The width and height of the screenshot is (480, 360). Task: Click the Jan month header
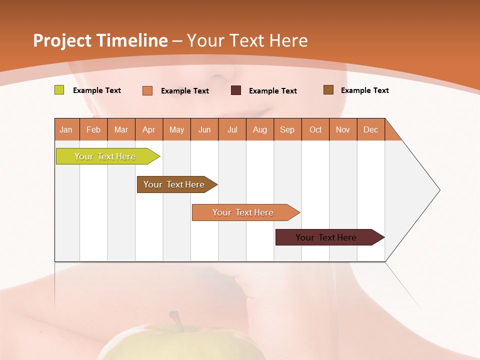tap(66, 129)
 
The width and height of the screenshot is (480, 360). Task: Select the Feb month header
tap(93, 129)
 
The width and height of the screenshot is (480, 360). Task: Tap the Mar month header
tap(121, 129)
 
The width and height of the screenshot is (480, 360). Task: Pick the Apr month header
tap(149, 129)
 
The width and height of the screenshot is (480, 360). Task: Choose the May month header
tap(176, 129)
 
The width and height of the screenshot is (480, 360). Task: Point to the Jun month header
tap(204, 129)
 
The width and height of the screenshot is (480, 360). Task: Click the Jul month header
tap(232, 129)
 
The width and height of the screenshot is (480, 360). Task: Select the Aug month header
tap(260, 129)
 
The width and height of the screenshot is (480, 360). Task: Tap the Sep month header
tap(287, 129)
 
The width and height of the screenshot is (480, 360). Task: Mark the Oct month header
tap(315, 129)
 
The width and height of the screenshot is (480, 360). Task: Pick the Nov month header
tap(343, 129)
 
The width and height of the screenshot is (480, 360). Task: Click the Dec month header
tap(371, 129)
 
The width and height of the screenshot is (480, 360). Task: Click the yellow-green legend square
tap(59, 90)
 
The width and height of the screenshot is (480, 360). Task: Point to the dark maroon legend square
tap(236, 90)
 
